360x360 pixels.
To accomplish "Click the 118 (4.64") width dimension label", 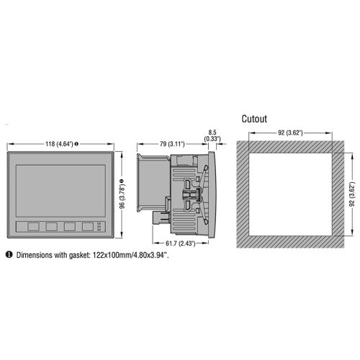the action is click(x=59, y=144).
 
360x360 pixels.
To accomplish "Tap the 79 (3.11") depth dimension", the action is click(x=172, y=144).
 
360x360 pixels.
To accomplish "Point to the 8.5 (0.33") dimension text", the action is click(x=212, y=135).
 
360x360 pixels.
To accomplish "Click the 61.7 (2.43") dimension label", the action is click(x=181, y=243).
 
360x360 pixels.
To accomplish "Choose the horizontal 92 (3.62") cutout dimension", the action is click(x=290, y=132).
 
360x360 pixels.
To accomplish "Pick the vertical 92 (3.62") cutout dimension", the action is click(x=352, y=194).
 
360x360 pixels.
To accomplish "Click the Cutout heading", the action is click(x=254, y=119).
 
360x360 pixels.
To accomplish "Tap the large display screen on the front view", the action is click(x=60, y=191).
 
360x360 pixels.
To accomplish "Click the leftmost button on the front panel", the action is click(x=33, y=227).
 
